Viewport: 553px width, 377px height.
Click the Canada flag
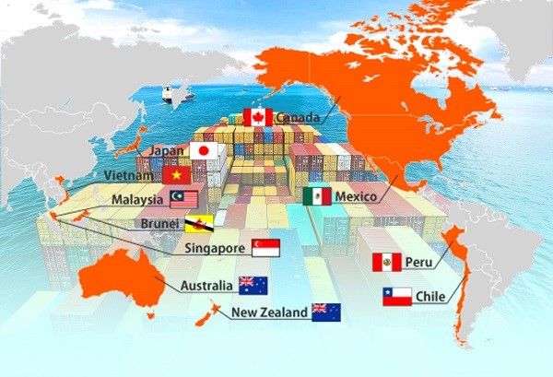coord(257,117)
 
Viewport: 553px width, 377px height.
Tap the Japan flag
coord(203,151)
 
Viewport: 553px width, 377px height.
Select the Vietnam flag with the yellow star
coord(176,174)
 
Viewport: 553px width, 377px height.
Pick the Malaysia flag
coord(184,199)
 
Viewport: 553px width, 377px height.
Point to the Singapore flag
coord(265,248)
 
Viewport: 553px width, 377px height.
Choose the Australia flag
coord(252,285)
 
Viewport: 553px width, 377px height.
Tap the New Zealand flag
coord(325,312)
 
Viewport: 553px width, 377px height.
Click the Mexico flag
coord(317,196)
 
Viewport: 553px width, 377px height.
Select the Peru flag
coord(386,263)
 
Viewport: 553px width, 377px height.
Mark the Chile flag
coord(396,296)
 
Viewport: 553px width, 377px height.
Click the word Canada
coord(298,118)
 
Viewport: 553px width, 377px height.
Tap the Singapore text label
coord(215,249)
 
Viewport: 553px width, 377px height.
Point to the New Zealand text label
coord(269,313)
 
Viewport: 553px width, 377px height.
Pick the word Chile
coord(430,297)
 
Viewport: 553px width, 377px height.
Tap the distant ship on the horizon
coord(171,93)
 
